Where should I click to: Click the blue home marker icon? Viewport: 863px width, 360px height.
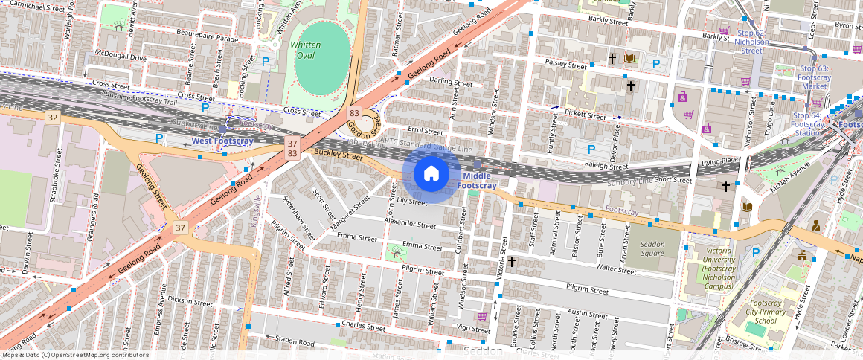(x=431, y=174)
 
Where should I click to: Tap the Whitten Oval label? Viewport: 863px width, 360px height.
(x=305, y=50)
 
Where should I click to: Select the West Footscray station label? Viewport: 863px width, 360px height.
(x=222, y=141)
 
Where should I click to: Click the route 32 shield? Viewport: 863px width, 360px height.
(x=52, y=118)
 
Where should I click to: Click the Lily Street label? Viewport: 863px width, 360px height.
(x=412, y=202)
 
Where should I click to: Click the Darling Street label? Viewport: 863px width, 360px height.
(x=451, y=83)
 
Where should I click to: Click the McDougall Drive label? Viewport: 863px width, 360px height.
(x=121, y=57)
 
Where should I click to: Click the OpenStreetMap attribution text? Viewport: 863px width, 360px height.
(x=75, y=355)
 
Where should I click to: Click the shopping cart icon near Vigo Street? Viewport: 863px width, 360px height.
(x=481, y=316)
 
